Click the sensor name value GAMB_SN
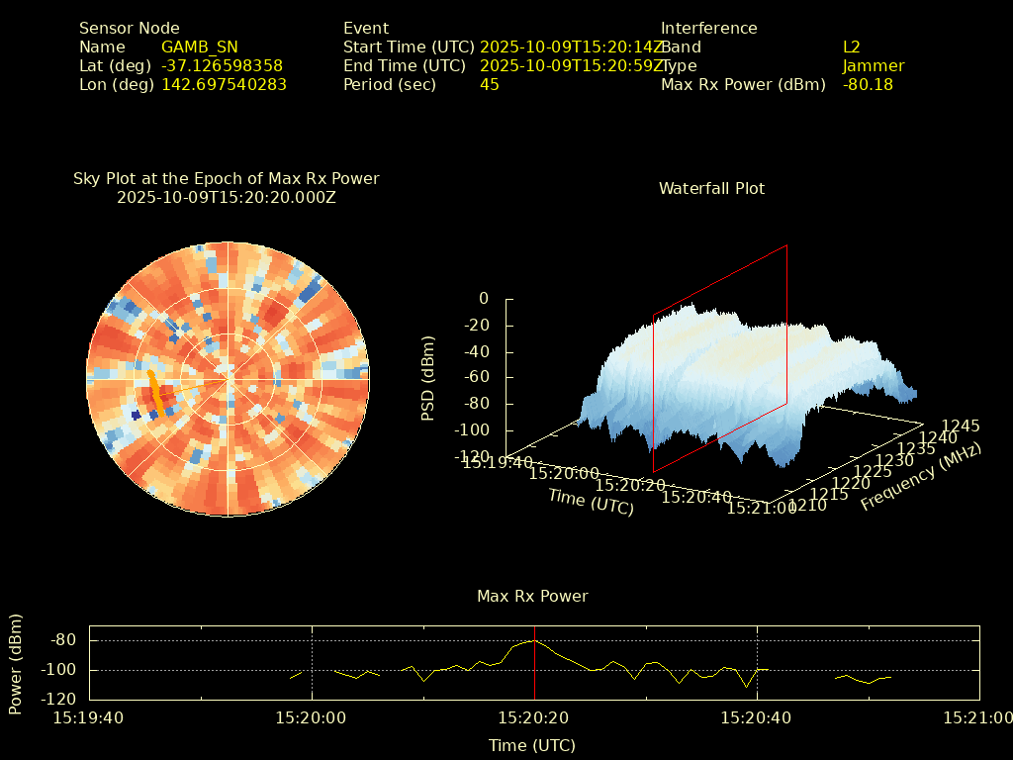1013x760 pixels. (x=199, y=47)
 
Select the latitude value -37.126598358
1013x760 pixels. (x=222, y=65)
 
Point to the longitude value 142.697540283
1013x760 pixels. (x=224, y=84)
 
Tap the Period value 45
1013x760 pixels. (x=489, y=84)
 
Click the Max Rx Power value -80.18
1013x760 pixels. (x=868, y=84)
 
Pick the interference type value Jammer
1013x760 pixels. (x=873, y=65)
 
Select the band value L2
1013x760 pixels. (x=851, y=47)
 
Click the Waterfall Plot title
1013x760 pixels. (x=711, y=188)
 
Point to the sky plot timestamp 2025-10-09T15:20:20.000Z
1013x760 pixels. (x=227, y=197)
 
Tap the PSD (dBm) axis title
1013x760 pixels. (x=428, y=378)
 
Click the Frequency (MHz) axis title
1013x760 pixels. (x=920, y=477)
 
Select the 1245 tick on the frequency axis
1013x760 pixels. (x=961, y=426)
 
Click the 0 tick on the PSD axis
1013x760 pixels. (x=484, y=298)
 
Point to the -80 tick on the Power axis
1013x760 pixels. (x=62, y=640)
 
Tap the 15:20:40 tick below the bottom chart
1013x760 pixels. (x=757, y=717)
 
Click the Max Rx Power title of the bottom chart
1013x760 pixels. (x=532, y=596)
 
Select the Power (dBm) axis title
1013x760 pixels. (x=16, y=663)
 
